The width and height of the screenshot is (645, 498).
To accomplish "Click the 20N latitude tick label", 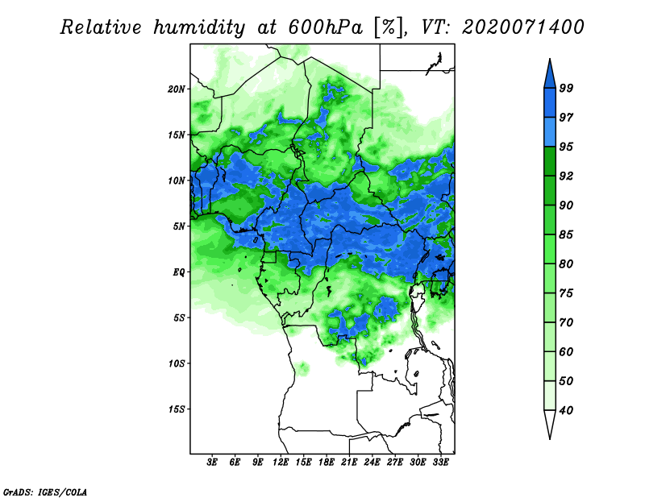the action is (177, 89).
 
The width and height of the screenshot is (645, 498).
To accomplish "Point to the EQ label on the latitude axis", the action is (179, 272).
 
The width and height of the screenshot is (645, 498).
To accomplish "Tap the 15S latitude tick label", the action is (177, 409).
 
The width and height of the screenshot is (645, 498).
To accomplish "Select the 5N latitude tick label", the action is (179, 226).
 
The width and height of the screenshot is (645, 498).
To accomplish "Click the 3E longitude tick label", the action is (212, 463).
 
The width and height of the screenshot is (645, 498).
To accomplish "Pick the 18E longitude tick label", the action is (327, 463).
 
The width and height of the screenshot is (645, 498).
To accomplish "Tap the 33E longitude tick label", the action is (440, 463).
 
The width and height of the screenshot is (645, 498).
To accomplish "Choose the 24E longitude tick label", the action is (372, 463).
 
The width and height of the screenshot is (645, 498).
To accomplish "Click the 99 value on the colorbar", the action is (566, 88).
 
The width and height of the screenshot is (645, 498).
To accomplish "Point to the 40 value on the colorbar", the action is (566, 410).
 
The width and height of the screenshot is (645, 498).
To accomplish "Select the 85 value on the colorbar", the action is (566, 234).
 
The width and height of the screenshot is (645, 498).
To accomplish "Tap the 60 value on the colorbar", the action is (566, 351).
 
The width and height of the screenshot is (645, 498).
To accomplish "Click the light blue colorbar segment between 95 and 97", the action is (550, 132).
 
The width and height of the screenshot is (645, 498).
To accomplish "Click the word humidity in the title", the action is (199, 28).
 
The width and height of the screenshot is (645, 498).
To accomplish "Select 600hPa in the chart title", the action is (326, 27).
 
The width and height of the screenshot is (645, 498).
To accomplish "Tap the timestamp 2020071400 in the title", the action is (522, 27).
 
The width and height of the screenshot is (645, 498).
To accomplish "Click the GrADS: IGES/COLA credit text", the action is (45, 492).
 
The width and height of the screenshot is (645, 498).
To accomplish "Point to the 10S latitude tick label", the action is (177, 363).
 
